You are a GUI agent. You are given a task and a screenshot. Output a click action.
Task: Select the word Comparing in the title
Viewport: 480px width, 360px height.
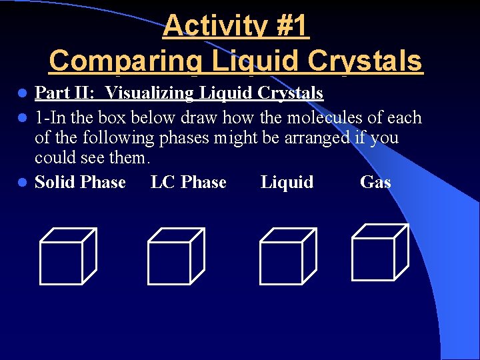point(125,61)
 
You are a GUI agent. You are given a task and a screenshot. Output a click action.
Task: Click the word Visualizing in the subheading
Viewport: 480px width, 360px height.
point(152,93)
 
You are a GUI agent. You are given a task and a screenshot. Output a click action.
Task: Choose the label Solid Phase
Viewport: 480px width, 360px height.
point(80,182)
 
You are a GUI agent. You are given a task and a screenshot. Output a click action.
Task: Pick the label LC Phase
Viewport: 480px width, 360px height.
point(189,182)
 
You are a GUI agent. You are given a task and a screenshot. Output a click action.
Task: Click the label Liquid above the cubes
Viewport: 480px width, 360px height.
point(287,182)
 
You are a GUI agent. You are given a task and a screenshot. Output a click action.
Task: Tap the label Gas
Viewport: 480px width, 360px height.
point(375,182)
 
